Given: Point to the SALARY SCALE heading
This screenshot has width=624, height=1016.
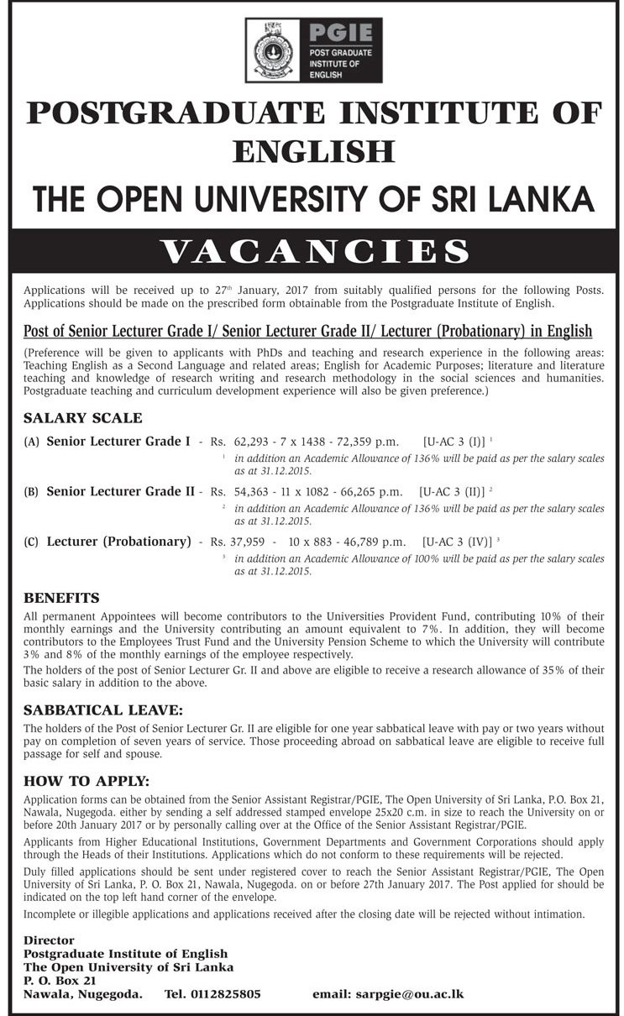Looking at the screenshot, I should coord(83,417).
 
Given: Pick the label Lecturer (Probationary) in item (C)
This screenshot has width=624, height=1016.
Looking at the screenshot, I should coord(119,541).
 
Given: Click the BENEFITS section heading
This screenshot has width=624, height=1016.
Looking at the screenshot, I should coord(62,599).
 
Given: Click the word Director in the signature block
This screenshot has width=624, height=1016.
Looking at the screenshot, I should coord(49,940).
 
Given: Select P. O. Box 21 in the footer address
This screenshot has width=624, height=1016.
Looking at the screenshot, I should coord(60,980).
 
